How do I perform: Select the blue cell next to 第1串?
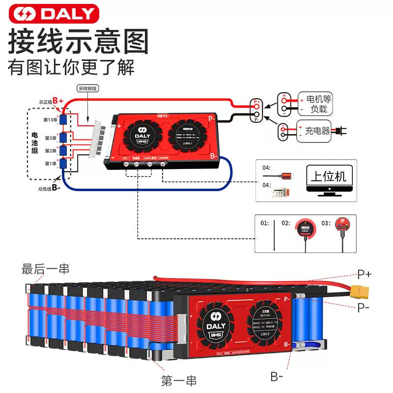[63, 163]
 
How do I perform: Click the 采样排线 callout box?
[88, 89]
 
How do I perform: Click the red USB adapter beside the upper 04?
[285, 174]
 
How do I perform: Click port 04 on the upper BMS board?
[163, 164]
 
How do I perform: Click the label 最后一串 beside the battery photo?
[45, 269]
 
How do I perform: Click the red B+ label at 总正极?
[58, 101]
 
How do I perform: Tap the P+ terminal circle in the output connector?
[256, 103]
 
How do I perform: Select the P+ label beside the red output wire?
[364, 274]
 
